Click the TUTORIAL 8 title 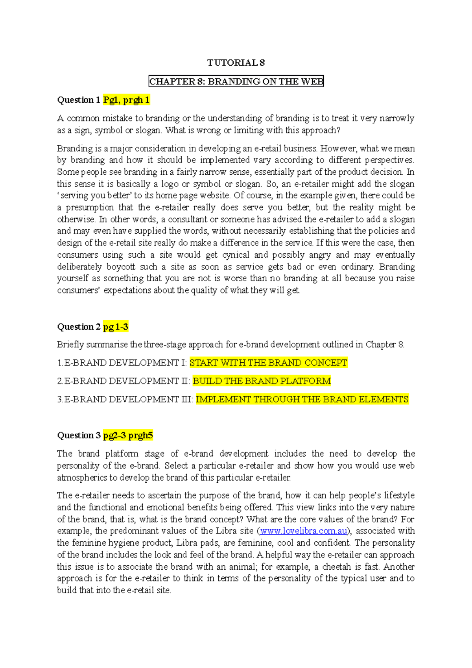pyautogui.click(x=236, y=63)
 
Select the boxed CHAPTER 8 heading pyautogui.click(x=236, y=81)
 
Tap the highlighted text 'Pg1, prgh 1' pyautogui.click(x=126, y=100)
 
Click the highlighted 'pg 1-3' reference pyautogui.click(x=116, y=327)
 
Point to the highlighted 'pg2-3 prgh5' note pyautogui.click(x=128, y=435)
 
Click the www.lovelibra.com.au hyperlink pyautogui.click(x=303, y=531)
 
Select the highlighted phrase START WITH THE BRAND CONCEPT pyautogui.click(x=268, y=362)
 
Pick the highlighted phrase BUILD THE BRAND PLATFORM pyautogui.click(x=262, y=381)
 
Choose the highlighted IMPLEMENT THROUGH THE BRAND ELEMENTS pyautogui.click(x=302, y=399)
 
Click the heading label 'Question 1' pyautogui.click(x=79, y=100)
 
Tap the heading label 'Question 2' pyautogui.click(x=79, y=327)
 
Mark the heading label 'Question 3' pyautogui.click(x=79, y=435)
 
